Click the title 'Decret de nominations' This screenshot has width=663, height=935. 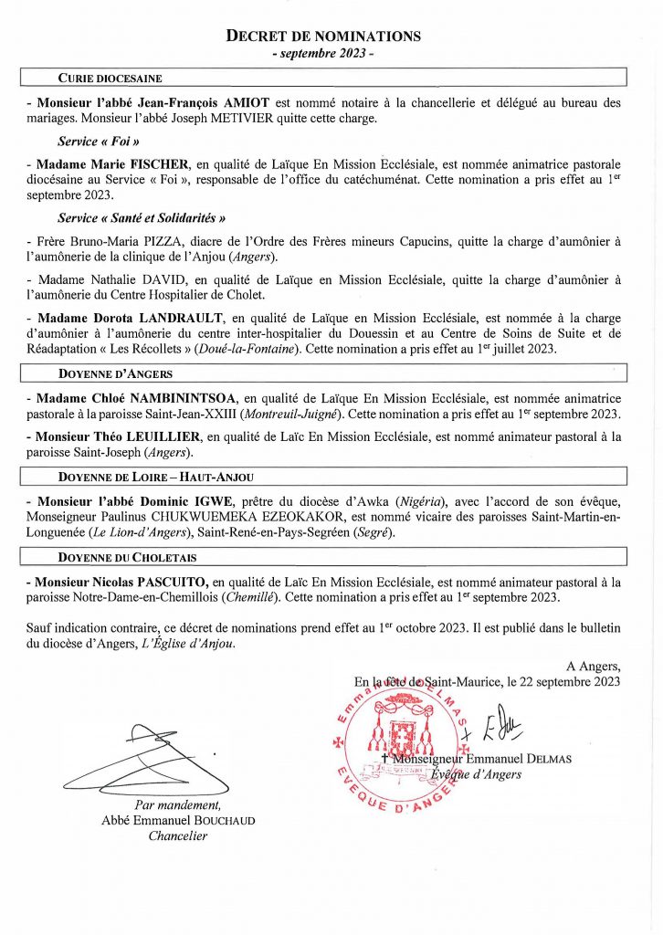point(324,37)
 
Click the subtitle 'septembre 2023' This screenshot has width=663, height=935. point(324,54)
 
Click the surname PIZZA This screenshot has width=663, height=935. point(174,242)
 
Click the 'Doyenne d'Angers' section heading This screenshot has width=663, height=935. point(115,374)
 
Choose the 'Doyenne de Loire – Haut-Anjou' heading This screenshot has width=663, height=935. point(156,477)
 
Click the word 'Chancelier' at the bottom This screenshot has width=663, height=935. point(179,835)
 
